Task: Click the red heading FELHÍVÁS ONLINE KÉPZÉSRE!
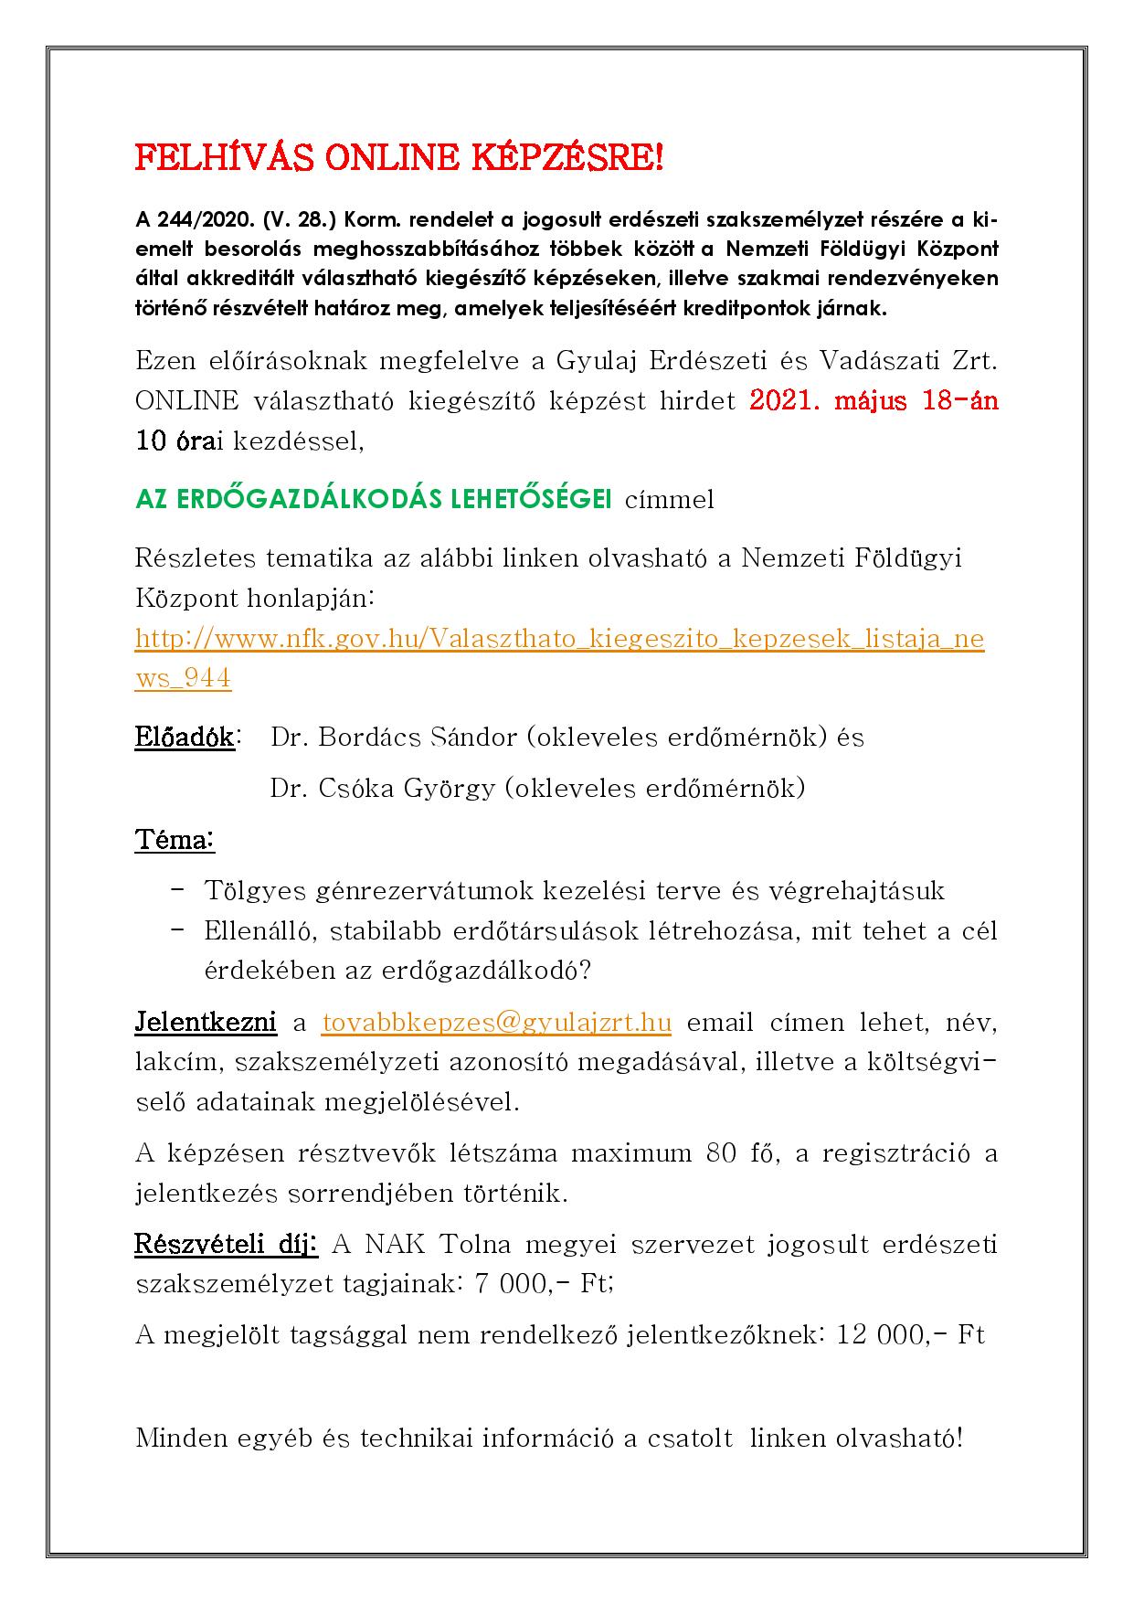[x=399, y=159]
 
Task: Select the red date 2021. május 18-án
[x=874, y=401]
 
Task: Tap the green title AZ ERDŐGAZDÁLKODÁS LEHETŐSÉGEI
[x=374, y=499]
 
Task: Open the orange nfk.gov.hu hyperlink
[x=559, y=638]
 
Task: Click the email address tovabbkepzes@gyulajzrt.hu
[x=497, y=1022]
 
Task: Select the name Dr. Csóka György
[x=381, y=788]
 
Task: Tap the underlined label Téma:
[x=175, y=839]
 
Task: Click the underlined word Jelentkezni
[x=206, y=1022]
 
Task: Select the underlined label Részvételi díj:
[x=226, y=1245]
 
